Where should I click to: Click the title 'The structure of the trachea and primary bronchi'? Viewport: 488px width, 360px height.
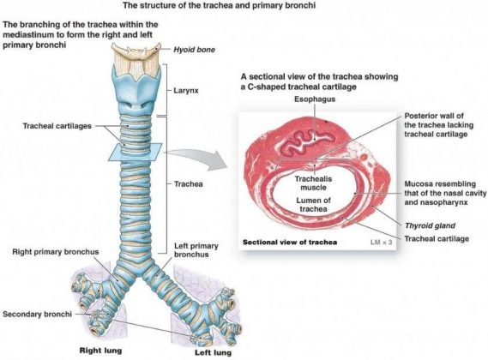point(243,6)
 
